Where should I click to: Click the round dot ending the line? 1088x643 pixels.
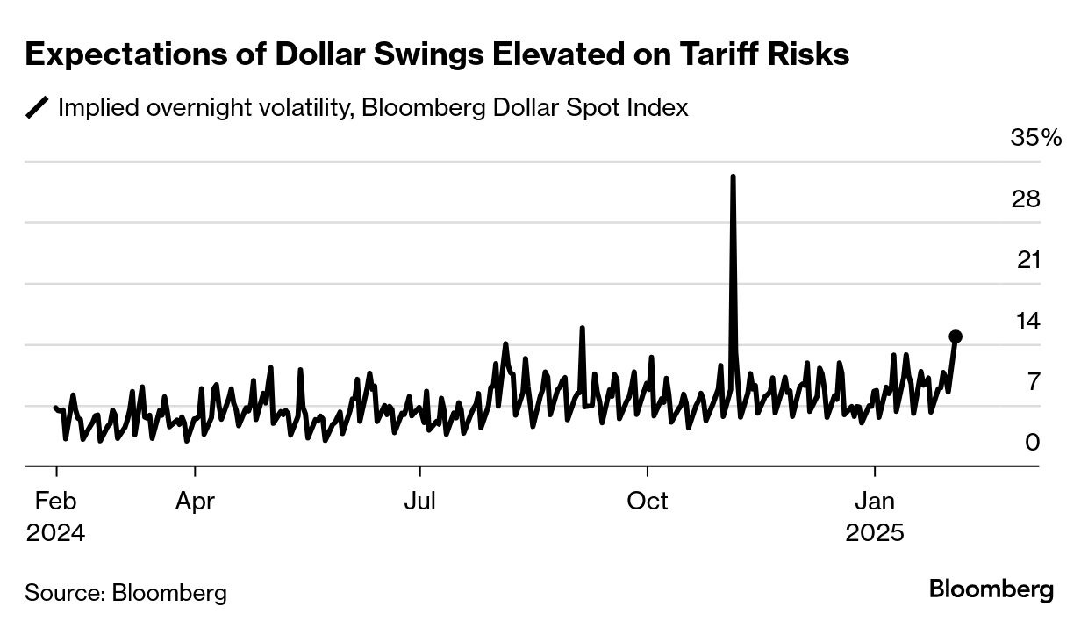tap(956, 336)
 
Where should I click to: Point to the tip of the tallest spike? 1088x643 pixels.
tap(733, 177)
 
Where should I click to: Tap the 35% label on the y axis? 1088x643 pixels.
tap(1036, 138)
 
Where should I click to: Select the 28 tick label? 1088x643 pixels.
tap(1026, 199)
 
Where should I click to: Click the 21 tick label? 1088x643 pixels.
tap(1026, 260)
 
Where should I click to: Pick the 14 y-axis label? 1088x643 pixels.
tap(1026, 321)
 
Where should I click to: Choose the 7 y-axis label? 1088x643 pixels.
tap(1032, 382)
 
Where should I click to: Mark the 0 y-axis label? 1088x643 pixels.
tap(1032, 443)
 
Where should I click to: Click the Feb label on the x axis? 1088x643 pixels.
tap(55, 501)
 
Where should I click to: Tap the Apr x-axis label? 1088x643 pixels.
tap(194, 501)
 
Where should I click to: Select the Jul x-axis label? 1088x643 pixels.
tap(420, 501)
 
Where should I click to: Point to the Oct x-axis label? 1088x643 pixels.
tap(648, 501)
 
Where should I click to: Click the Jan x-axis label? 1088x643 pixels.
tap(875, 501)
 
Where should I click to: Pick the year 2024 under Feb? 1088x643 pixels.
tap(55, 533)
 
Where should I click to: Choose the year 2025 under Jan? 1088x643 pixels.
tap(875, 533)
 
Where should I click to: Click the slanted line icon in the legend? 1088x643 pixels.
tap(38, 108)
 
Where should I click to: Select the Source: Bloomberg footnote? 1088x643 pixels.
tap(125, 592)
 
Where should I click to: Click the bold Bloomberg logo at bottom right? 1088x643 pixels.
tap(991, 589)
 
